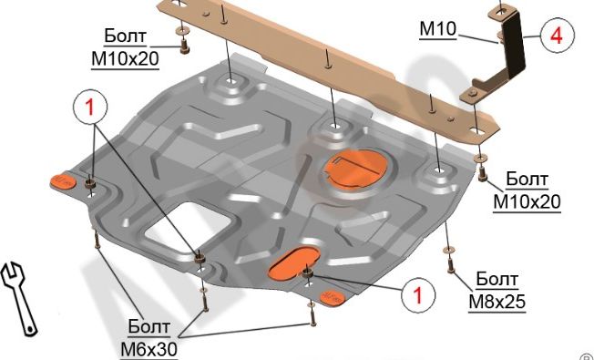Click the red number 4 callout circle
(558, 36)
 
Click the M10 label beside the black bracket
(438, 29)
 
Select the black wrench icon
(19, 297)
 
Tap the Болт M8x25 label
(497, 290)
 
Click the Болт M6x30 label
(148, 337)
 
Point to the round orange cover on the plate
(355, 168)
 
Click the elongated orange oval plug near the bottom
(294, 264)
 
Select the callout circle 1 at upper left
(90, 108)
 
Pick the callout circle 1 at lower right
(418, 294)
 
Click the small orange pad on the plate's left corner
(63, 182)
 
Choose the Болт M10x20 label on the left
(125, 48)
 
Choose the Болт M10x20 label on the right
(527, 190)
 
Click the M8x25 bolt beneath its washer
(450, 265)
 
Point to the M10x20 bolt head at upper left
(185, 46)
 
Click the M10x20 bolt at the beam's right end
(482, 173)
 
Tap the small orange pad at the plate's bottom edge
(333, 297)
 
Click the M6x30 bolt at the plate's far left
(97, 240)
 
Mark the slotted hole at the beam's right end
(477, 132)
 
